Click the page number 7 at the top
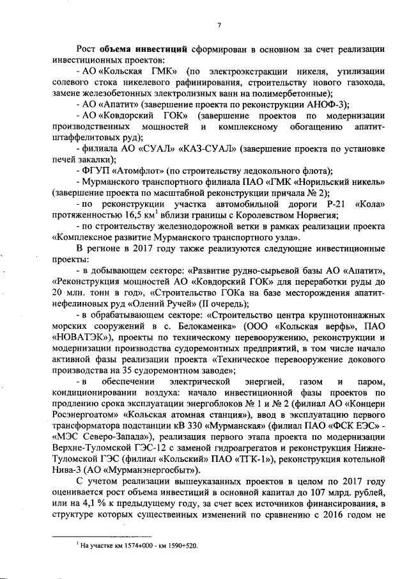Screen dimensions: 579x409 pos(219,25)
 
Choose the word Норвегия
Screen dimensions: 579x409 pos(314,215)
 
